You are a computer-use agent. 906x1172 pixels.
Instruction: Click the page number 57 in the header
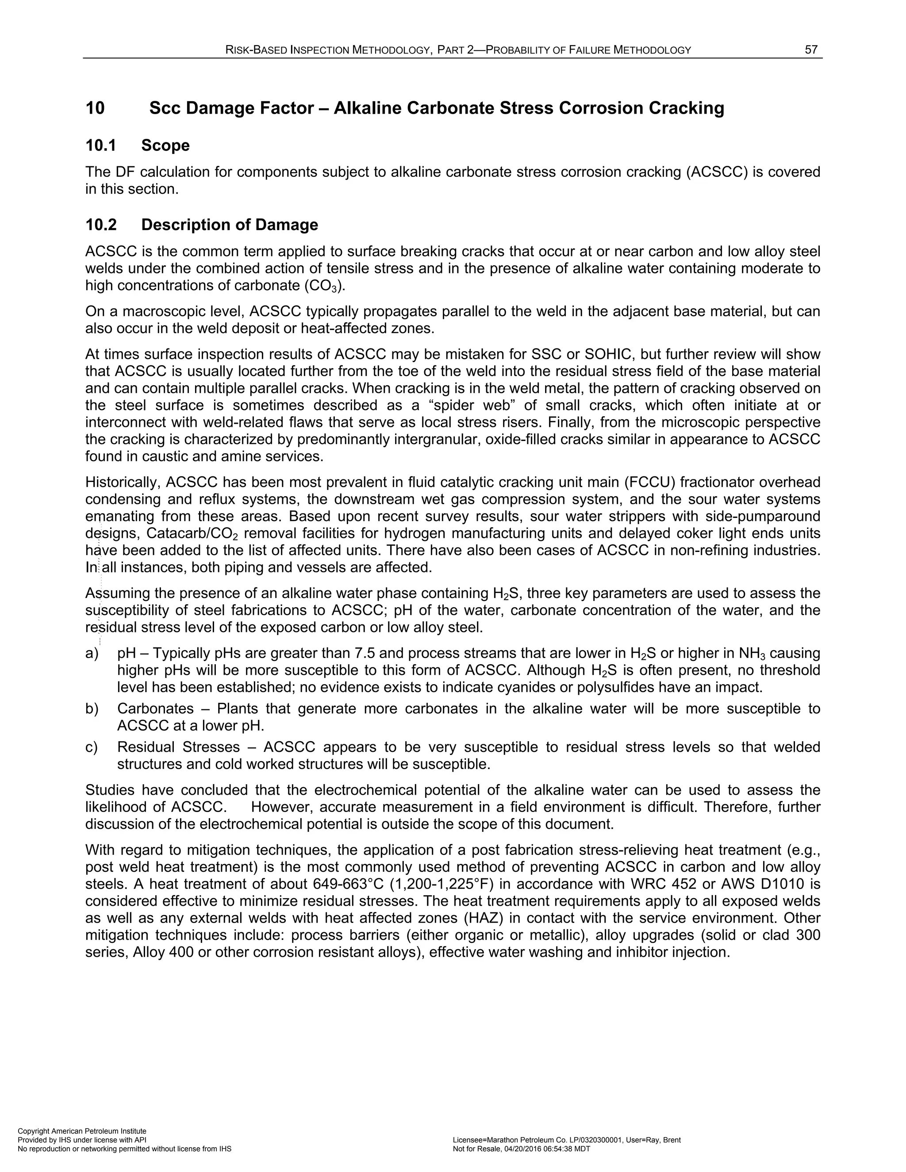point(810,50)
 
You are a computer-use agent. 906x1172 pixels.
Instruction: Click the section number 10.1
point(100,146)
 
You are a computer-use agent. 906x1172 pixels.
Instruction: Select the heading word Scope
point(165,146)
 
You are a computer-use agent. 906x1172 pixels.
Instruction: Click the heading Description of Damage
point(229,224)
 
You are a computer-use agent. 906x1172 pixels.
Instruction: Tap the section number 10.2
point(101,224)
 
